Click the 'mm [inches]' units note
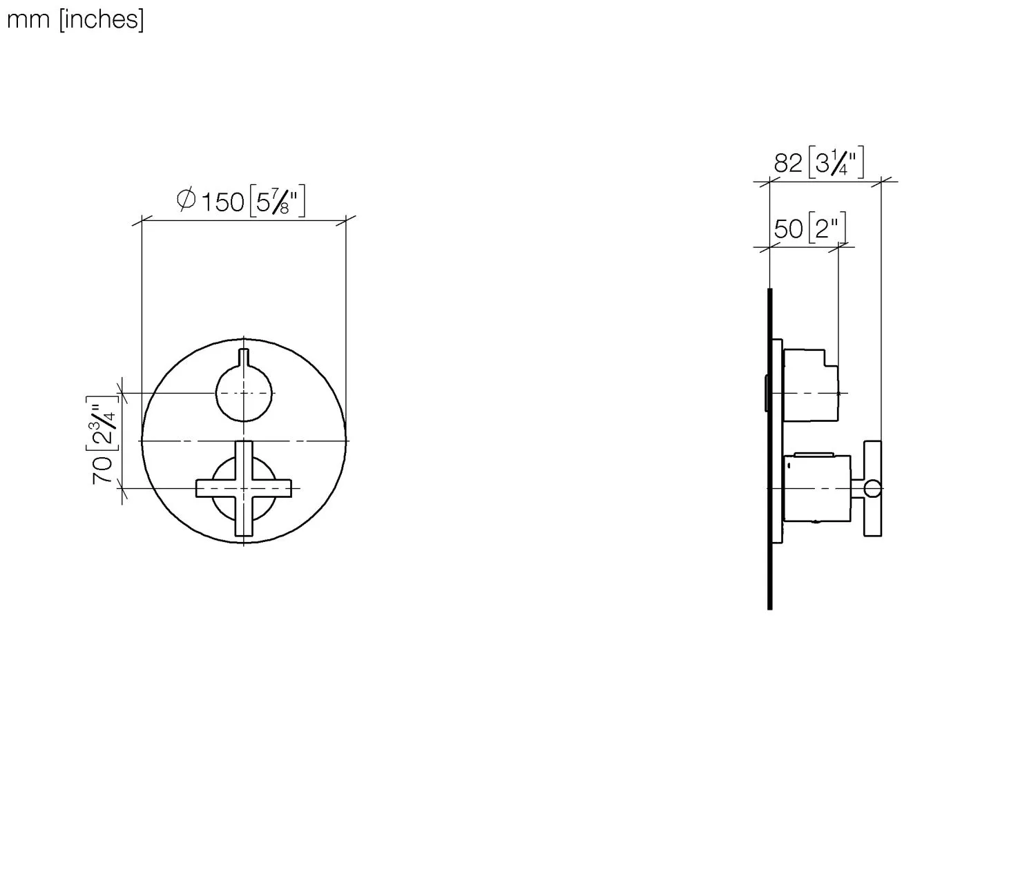click(x=75, y=19)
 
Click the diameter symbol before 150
click(x=186, y=201)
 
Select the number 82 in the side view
click(x=787, y=164)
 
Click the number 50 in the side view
click(x=788, y=229)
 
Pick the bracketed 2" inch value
click(x=826, y=229)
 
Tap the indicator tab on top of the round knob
click(x=243, y=358)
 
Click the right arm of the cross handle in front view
click(x=276, y=488)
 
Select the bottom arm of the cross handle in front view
click(x=243, y=521)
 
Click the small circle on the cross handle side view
click(x=873, y=489)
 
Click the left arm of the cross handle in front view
click(x=211, y=488)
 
